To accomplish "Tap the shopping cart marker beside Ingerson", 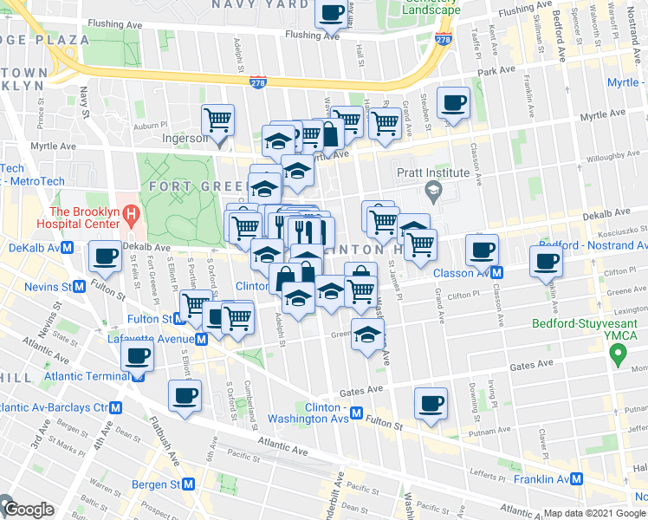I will coord(218,118).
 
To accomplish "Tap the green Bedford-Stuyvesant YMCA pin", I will coord(618,354).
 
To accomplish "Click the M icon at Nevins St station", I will coord(79,285).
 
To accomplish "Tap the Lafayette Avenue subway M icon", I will coord(201,339).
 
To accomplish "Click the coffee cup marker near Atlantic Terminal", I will coord(138,355).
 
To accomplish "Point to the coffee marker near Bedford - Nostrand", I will coord(547,262).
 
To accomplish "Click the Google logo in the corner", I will coord(29,510).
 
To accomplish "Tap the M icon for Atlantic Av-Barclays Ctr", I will coord(114,407).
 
